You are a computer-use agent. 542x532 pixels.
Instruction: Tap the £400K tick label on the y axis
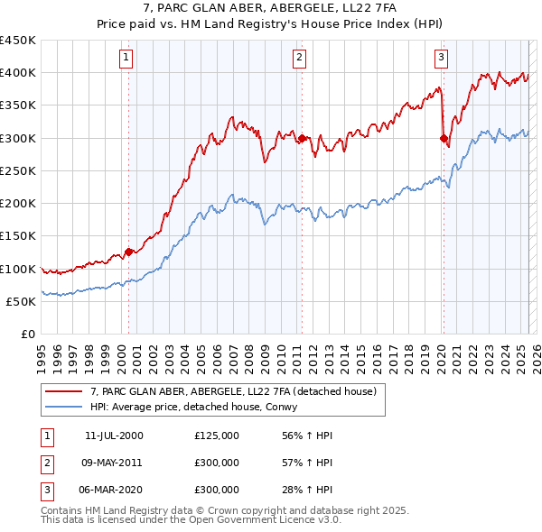[x=18, y=73]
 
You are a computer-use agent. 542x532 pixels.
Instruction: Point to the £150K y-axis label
[x=18, y=236]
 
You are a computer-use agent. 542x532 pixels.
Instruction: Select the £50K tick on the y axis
[x=22, y=301]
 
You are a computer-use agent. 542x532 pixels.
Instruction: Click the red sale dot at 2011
[x=302, y=138]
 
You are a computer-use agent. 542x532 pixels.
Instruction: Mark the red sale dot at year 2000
[x=128, y=252]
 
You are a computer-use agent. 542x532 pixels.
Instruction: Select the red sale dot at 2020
[x=444, y=138]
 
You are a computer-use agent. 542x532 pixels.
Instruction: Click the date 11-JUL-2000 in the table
[x=114, y=436]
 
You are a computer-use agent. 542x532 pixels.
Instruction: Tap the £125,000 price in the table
[x=217, y=436]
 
